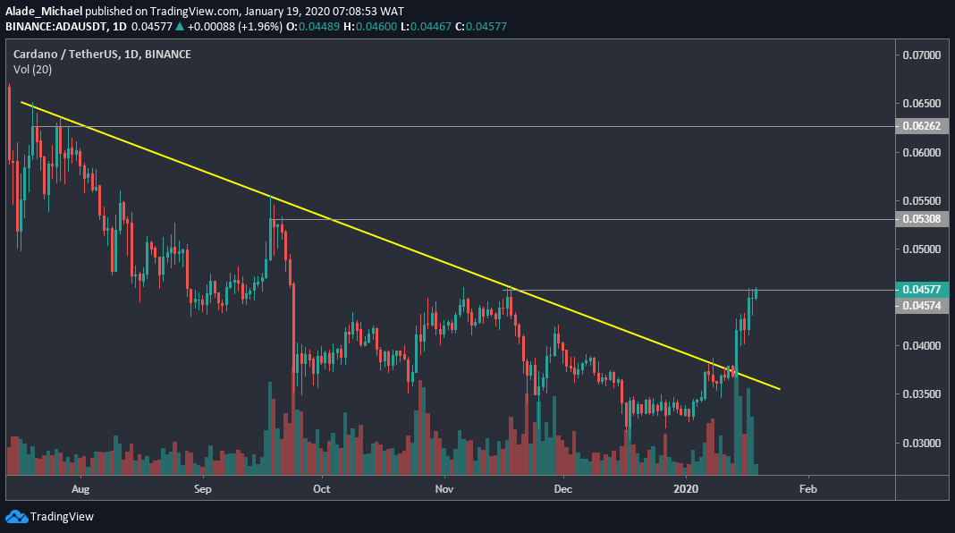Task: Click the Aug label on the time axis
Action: click(x=80, y=489)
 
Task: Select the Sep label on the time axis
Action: click(x=202, y=489)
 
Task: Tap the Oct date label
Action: click(x=322, y=489)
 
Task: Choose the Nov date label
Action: click(x=443, y=489)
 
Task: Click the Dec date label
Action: click(x=562, y=489)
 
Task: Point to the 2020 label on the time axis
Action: click(x=686, y=489)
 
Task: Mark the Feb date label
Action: click(x=807, y=489)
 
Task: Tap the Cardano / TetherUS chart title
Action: click(x=102, y=55)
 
